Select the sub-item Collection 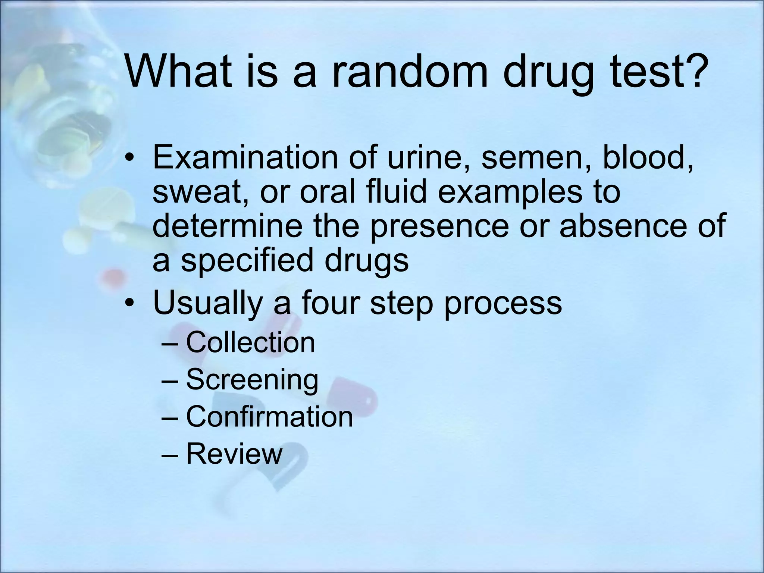[x=250, y=342]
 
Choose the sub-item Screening [x=252, y=380]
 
